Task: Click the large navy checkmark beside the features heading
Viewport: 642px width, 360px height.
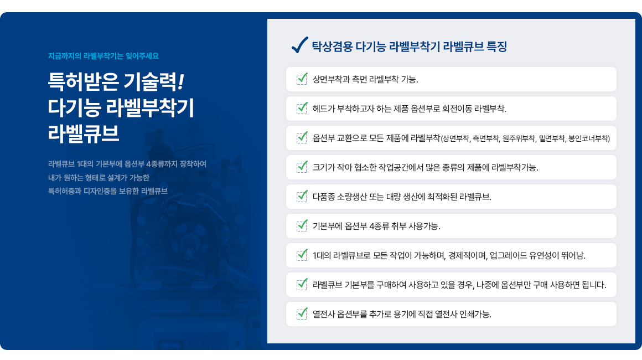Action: click(300, 45)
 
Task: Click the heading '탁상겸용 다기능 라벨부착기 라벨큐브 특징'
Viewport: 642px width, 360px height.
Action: click(410, 47)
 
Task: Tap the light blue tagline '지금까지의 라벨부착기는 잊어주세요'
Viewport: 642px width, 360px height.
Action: click(103, 56)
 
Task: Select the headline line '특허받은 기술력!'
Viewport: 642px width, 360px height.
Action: click(116, 81)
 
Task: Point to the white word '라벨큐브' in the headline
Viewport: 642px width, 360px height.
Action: click(84, 133)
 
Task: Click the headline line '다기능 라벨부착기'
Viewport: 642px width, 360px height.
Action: click(121, 107)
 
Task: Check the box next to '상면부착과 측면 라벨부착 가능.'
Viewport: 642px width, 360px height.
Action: click(302, 79)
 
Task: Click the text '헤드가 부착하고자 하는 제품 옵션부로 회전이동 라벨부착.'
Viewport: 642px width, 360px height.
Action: click(410, 109)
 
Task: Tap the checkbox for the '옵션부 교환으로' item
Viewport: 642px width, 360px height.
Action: click(302, 137)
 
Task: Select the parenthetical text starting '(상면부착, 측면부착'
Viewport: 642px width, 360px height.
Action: click(525, 138)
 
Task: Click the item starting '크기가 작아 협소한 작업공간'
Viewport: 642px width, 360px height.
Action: click(426, 167)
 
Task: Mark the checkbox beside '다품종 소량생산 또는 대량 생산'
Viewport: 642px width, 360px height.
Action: click(302, 196)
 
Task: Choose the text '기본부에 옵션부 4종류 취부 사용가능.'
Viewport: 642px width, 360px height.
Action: click(377, 226)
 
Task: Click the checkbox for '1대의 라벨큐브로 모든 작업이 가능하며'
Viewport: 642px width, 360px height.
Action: click(302, 255)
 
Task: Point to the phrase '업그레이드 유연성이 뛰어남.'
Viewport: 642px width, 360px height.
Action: click(537, 255)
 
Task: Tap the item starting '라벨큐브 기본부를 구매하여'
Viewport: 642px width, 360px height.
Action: click(459, 285)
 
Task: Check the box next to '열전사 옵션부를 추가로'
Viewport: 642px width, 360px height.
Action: click(302, 313)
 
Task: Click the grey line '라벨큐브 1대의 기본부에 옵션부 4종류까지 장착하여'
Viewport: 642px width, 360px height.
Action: click(127, 164)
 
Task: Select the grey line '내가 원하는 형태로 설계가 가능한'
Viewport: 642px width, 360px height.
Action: click(99, 178)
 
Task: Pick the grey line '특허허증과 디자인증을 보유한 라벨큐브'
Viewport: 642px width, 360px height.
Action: click(108, 191)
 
